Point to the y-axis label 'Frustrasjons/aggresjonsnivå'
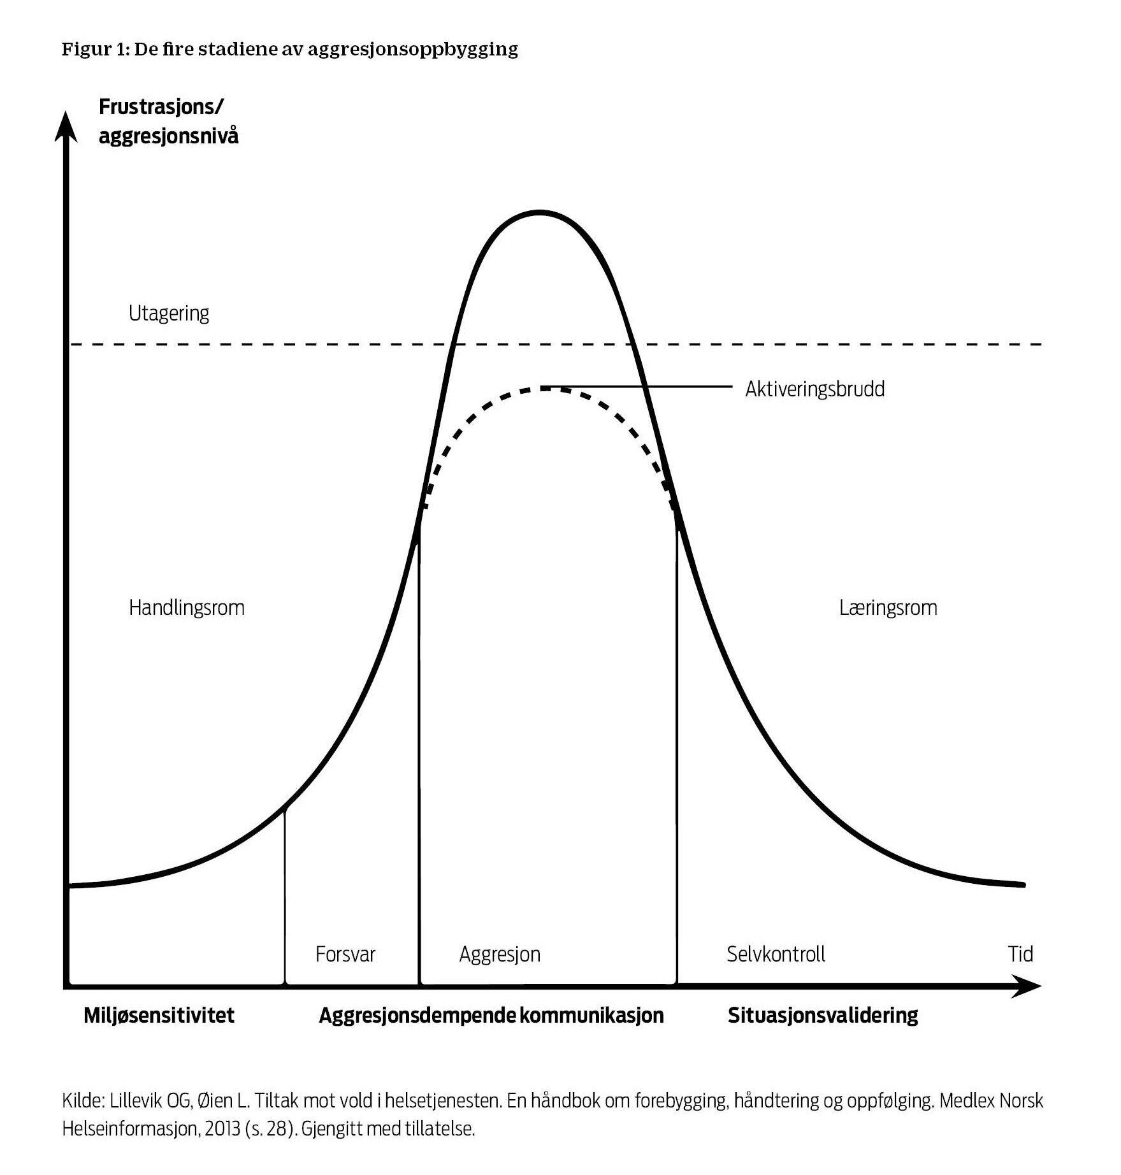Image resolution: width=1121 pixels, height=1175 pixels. (168, 121)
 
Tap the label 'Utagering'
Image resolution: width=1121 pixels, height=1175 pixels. (169, 314)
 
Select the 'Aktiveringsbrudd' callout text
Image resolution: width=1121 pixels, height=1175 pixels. (814, 389)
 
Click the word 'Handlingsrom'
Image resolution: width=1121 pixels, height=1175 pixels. (187, 607)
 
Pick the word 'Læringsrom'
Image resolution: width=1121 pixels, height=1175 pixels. (888, 607)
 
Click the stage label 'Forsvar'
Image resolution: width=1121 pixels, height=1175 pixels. (345, 954)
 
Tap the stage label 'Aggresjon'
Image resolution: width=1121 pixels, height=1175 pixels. (500, 954)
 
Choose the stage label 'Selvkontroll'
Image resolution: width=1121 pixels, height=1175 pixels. (776, 954)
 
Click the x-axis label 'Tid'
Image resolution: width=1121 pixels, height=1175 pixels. (1020, 954)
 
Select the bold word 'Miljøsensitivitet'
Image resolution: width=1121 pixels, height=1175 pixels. (159, 1015)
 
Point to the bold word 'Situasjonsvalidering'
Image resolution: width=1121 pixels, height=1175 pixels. (822, 1015)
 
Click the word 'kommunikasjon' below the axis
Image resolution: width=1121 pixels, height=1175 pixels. (591, 1015)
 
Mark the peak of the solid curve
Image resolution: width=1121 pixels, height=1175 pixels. (540, 212)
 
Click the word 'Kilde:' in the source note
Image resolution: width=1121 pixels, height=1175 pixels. (83, 1101)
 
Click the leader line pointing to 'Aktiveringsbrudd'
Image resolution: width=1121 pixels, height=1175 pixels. (637, 386)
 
